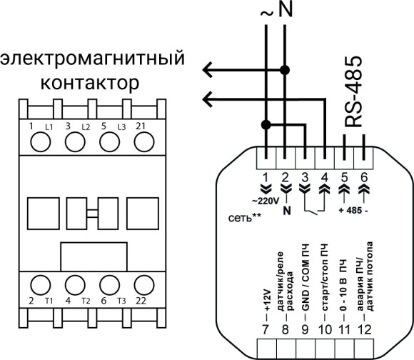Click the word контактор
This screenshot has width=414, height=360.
(89, 84)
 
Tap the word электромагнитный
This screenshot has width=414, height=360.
(89, 56)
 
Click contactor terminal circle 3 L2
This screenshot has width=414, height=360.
(74, 142)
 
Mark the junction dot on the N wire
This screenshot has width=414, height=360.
(285, 70)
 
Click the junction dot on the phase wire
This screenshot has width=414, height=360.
(266, 125)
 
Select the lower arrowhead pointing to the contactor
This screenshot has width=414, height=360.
(207, 97)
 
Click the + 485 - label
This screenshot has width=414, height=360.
(353, 211)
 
